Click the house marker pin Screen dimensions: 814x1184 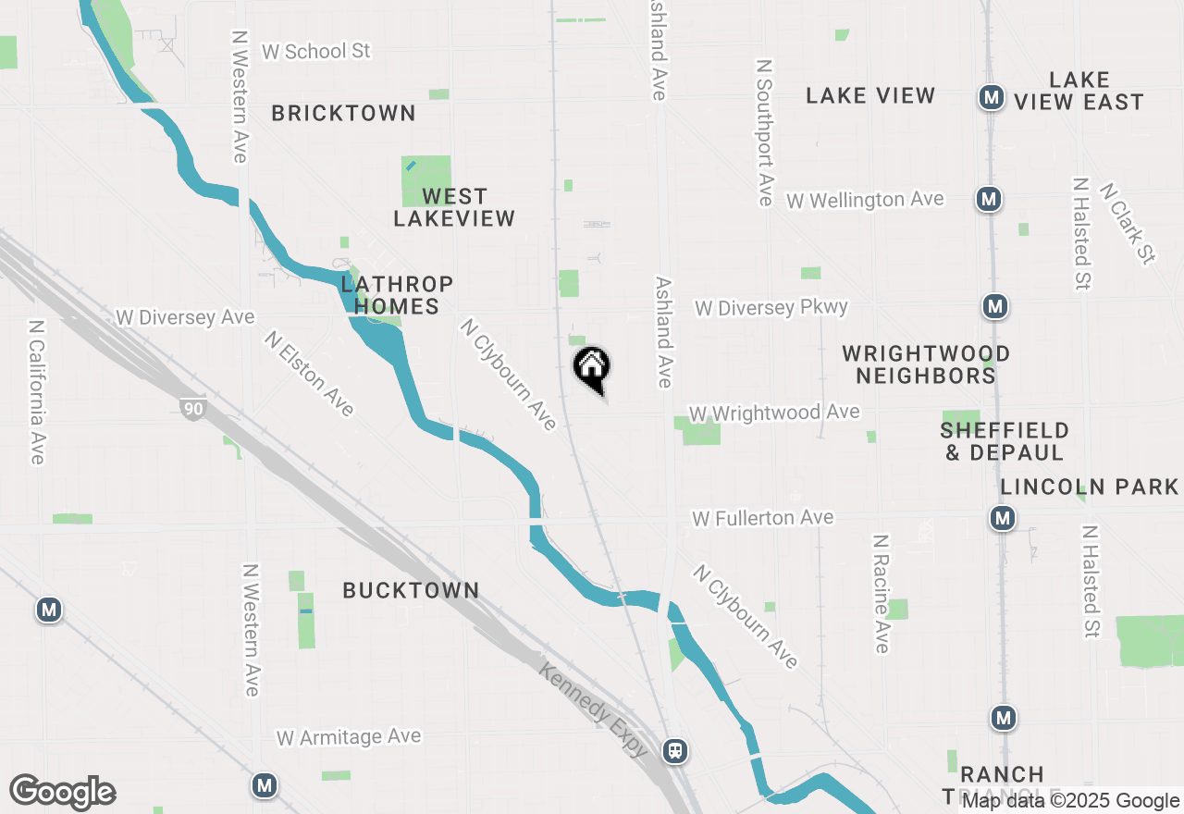(x=592, y=369)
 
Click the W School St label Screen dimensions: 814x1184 (x=315, y=52)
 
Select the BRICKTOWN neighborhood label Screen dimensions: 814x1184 (x=343, y=114)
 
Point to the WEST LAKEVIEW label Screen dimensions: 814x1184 (x=453, y=207)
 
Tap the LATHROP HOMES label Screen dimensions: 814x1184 (x=397, y=294)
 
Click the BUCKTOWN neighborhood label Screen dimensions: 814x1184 (x=411, y=590)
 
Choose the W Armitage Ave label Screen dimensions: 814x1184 (x=349, y=737)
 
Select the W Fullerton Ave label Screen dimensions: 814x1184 (x=763, y=518)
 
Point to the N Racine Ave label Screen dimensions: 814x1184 (x=882, y=593)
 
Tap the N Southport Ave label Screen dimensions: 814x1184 (x=764, y=133)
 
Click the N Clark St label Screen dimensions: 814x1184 (x=1128, y=223)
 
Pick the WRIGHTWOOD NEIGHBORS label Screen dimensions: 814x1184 (x=926, y=364)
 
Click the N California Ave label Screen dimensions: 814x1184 (x=36, y=392)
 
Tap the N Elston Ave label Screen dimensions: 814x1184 (x=309, y=374)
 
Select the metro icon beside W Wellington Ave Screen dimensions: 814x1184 (x=989, y=198)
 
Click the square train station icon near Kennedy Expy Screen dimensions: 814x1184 (x=676, y=750)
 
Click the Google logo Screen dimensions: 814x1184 (x=63, y=793)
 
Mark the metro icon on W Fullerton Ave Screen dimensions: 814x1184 (x=1003, y=518)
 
